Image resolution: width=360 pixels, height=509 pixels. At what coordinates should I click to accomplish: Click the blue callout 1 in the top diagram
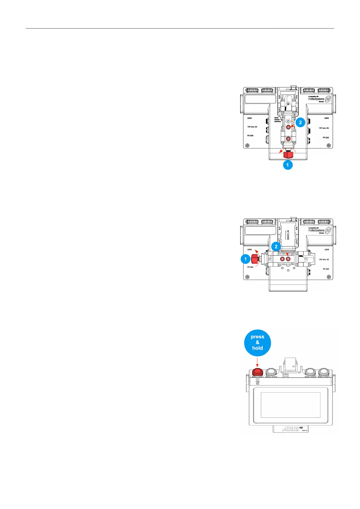(x=287, y=165)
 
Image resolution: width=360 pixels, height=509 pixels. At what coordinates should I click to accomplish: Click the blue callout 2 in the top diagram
(x=300, y=122)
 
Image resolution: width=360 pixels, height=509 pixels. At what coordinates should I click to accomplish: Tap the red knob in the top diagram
(x=288, y=155)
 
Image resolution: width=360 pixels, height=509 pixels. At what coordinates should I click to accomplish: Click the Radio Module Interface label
(x=277, y=120)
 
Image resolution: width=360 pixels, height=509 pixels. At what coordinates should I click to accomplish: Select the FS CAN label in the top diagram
(x=250, y=136)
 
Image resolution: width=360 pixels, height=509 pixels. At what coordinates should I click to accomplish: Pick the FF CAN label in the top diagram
(x=326, y=138)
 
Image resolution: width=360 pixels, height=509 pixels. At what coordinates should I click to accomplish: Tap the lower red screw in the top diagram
(x=288, y=139)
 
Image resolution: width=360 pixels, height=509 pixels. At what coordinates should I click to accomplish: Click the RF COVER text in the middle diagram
(x=288, y=235)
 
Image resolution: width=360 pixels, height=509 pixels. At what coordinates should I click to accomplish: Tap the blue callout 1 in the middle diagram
(x=245, y=259)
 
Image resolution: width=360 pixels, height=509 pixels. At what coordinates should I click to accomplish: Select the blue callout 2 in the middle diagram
(x=276, y=247)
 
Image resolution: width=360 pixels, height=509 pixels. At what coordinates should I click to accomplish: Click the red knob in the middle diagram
(x=255, y=259)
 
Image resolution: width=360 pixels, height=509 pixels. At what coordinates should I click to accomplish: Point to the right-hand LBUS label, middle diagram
(x=326, y=250)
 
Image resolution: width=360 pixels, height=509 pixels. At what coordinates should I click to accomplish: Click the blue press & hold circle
(x=257, y=343)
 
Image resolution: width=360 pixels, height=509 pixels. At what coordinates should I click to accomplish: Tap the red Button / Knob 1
(x=258, y=372)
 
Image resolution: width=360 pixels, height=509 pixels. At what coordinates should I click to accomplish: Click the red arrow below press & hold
(x=257, y=362)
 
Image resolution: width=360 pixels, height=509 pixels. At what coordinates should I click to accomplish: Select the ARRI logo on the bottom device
(x=290, y=429)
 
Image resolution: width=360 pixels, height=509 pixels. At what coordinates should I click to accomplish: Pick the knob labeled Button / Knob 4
(x=324, y=372)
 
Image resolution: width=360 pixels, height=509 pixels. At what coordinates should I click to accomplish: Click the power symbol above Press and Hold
(x=258, y=379)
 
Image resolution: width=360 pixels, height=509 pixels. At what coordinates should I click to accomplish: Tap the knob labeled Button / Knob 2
(x=271, y=372)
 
